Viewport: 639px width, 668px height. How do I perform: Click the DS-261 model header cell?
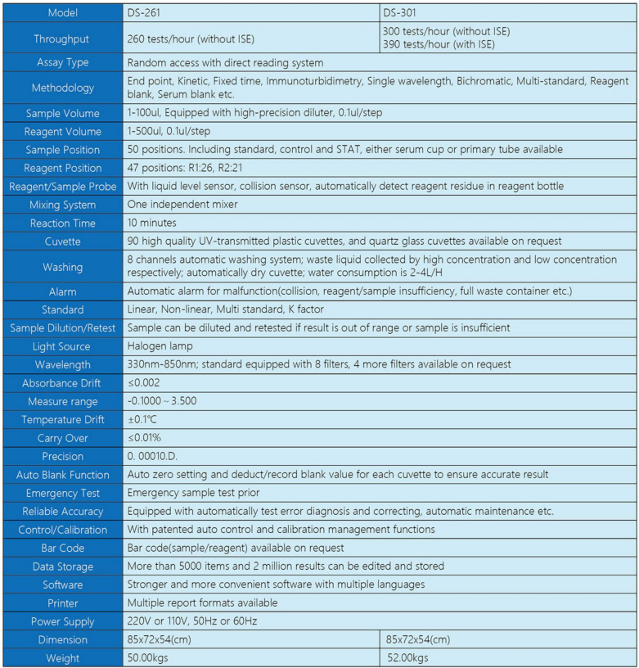(x=144, y=13)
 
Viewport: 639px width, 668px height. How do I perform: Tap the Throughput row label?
(x=62, y=38)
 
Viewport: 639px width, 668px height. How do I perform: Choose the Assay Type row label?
(x=62, y=62)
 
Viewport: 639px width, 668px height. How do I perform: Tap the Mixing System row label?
(x=62, y=205)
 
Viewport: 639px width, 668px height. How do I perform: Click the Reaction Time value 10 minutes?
(x=151, y=223)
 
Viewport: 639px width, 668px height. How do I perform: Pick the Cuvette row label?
(x=62, y=241)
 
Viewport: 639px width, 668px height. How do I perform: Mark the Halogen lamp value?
(x=160, y=346)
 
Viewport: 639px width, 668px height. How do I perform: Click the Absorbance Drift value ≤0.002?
(x=144, y=383)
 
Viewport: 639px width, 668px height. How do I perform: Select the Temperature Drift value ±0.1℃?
(x=142, y=420)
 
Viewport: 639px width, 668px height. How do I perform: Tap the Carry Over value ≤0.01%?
(x=144, y=438)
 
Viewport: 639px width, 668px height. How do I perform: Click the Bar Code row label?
(x=62, y=548)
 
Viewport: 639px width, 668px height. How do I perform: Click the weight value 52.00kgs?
(x=409, y=657)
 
